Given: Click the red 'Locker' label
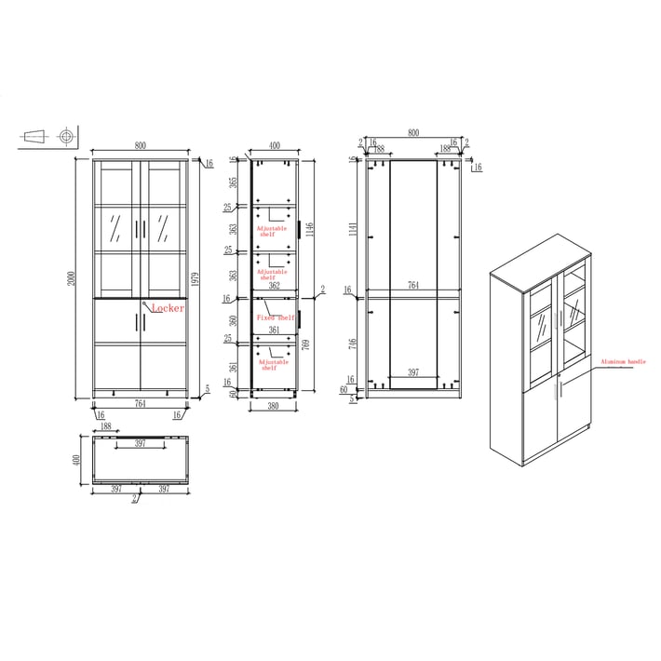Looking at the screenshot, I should pos(169,307).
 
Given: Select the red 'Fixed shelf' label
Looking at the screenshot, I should pos(275,317).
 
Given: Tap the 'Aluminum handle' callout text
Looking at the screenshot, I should pos(623,361).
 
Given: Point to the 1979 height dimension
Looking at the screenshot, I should pos(193,279).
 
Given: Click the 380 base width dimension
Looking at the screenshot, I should pos(275,406).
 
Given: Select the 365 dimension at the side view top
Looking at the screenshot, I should pos(234,182).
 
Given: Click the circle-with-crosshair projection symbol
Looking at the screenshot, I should pos(66,137).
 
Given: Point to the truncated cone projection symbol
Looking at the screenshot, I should pos(34,137).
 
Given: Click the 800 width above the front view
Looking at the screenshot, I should pos(140,145).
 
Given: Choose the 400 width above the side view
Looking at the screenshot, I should pos(275,145).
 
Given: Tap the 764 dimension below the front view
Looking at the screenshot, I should pos(140,403).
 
